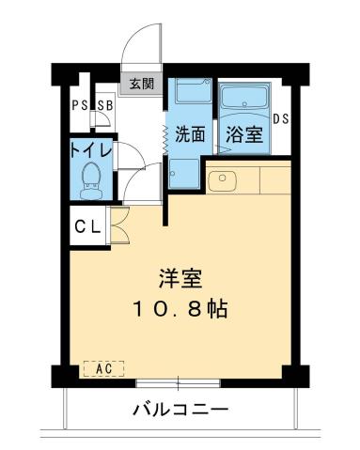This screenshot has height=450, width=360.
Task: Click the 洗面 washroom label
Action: coord(190,133)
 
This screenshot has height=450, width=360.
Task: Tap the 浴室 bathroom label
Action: coord(243,133)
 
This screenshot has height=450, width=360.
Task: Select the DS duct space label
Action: coord(280,119)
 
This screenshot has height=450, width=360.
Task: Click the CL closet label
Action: coord(88,226)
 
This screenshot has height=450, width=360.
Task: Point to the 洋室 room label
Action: coord(180,279)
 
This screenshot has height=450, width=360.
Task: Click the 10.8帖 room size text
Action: coord(180,308)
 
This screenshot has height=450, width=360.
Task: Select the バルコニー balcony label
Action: coord(180,411)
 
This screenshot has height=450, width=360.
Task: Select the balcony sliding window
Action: coord(180,383)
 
